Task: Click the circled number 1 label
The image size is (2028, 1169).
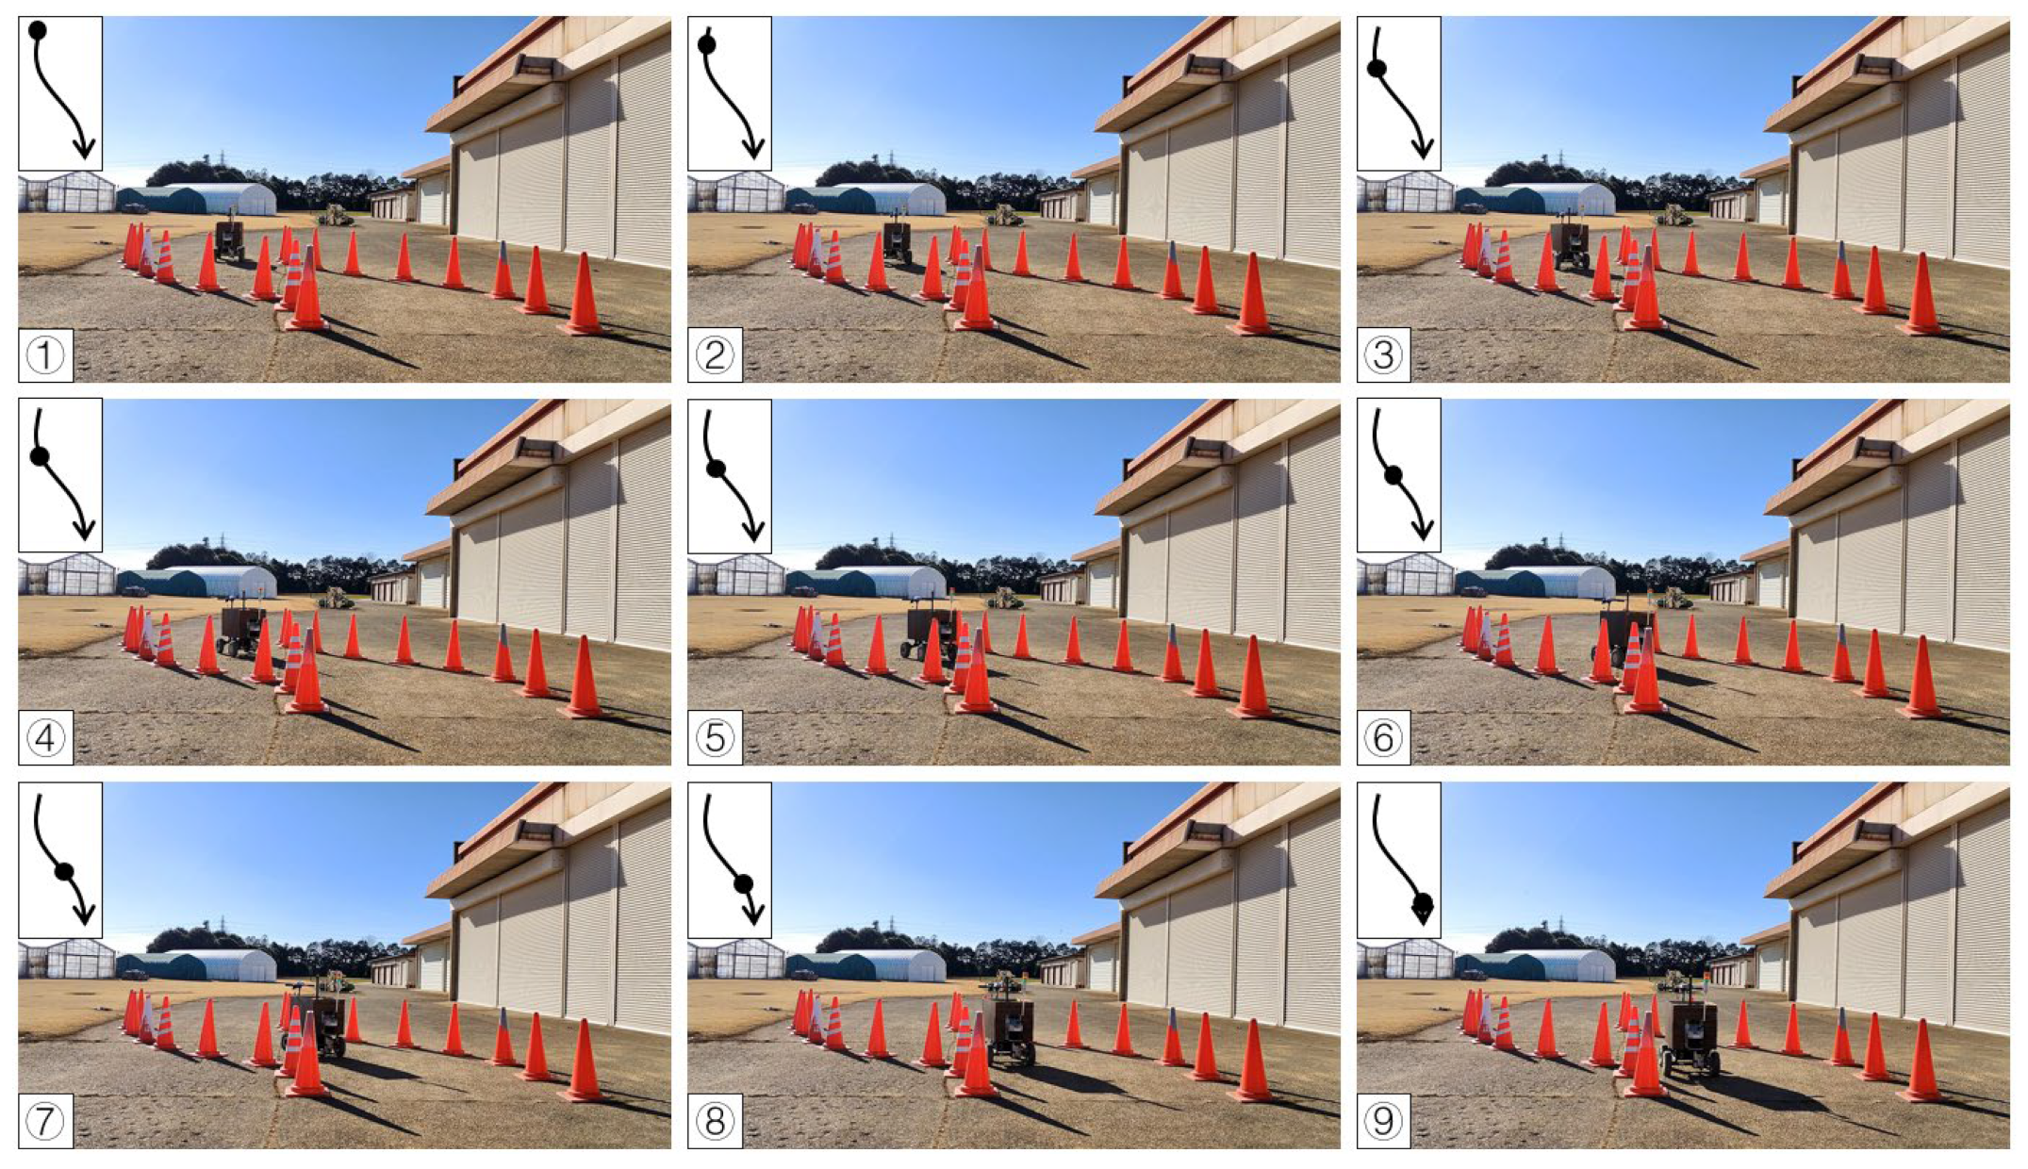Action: (45, 355)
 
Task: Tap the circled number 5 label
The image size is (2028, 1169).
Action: (715, 738)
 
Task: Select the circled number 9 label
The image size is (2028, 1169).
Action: (1383, 1121)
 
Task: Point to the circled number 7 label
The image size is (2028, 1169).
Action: (45, 1121)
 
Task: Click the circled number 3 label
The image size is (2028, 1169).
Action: (1383, 355)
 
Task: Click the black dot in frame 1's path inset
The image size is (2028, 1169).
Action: (38, 30)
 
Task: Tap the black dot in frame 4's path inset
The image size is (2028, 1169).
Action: (40, 456)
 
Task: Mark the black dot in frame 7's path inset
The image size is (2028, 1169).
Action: (64, 871)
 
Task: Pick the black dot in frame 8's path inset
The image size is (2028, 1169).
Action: (743, 884)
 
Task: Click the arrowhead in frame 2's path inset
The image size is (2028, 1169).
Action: (753, 149)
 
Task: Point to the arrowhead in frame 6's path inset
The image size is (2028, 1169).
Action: (1424, 531)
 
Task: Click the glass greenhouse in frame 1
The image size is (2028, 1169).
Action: (67, 192)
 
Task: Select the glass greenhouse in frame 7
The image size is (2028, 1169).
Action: (67, 960)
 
